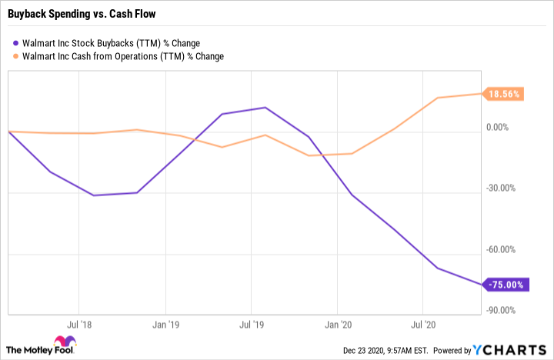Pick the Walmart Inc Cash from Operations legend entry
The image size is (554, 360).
tap(122, 55)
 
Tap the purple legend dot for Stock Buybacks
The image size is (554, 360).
tap(16, 43)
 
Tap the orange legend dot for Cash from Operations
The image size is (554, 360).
tap(16, 55)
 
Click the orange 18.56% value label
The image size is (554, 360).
tap(505, 94)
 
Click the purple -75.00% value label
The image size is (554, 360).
tap(505, 285)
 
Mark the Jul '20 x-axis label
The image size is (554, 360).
tap(426, 325)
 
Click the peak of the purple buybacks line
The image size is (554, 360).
tap(265, 108)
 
